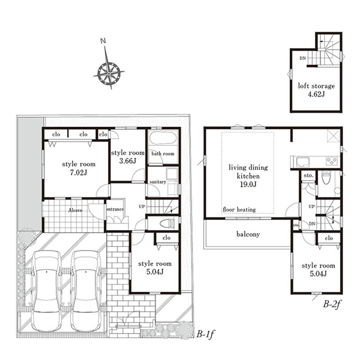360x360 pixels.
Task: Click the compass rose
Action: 109,74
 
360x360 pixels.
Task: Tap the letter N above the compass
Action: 103,41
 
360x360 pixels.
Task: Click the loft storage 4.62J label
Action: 316,90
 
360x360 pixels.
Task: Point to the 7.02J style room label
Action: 79,168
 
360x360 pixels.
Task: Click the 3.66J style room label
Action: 127,157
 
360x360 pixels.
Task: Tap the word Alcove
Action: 75,210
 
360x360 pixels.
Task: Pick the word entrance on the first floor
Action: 115,209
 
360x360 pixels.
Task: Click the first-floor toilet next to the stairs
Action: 167,224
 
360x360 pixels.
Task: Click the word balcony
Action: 248,234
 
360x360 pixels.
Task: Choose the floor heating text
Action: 239,210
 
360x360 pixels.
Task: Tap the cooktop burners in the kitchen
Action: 332,161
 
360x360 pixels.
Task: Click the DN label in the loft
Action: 303,58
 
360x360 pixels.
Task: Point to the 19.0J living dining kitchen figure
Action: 248,184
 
